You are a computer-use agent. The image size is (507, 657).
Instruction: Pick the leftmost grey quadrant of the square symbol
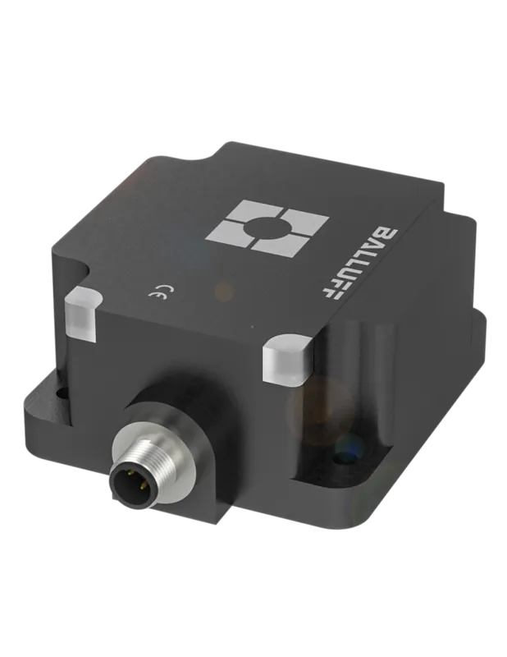[226, 232]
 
